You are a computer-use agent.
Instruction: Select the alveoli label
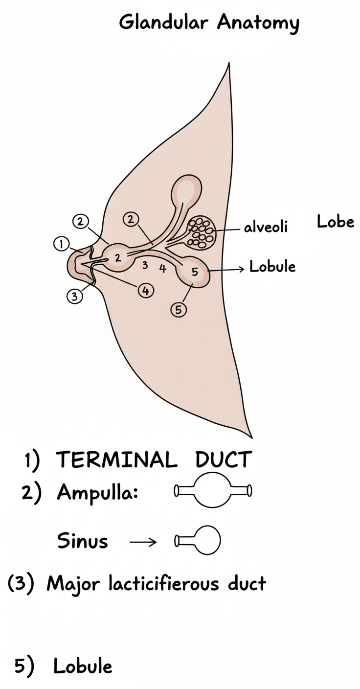point(266,228)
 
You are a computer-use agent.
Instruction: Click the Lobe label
point(335,222)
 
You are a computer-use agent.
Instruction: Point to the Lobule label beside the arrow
point(272,267)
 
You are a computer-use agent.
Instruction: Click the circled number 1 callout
point(61,244)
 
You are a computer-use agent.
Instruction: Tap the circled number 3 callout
point(74,296)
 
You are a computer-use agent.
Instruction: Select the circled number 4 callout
point(145,290)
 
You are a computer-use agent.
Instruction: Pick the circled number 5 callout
point(179,309)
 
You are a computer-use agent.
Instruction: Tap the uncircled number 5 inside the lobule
point(195,273)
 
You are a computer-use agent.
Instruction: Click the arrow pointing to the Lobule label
point(225,269)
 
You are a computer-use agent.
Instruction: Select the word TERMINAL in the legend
point(116,460)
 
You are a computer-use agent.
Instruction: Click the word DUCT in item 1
point(223,460)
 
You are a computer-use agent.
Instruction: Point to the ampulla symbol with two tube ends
point(213,490)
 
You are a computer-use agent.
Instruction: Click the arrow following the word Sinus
point(143,542)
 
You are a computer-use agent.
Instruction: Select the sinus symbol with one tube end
point(198,541)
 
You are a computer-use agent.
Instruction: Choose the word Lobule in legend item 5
point(83,666)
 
